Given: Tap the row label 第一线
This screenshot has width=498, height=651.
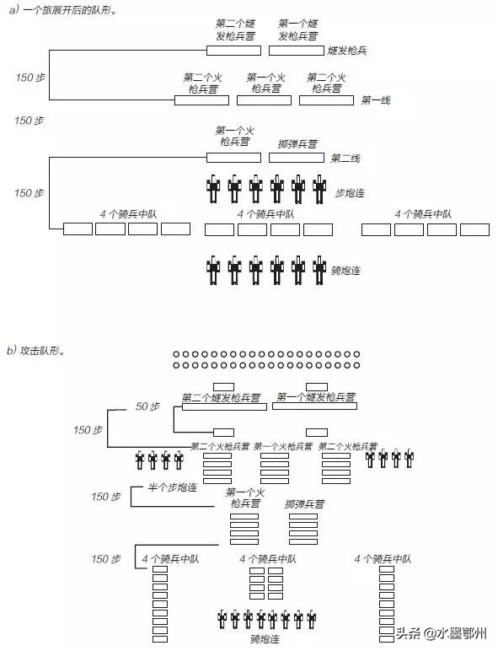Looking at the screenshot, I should [376, 100].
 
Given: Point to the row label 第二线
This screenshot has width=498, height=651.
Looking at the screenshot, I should [345, 158].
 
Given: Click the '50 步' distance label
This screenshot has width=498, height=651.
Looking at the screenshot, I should [147, 406].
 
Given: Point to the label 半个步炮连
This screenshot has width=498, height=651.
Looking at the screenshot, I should [171, 488].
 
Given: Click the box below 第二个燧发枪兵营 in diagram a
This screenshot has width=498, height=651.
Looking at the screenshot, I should [233, 51].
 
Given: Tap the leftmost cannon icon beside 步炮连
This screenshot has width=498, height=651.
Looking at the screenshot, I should [214, 190].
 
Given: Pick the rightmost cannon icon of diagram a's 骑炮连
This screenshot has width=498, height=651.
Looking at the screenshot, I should [319, 270].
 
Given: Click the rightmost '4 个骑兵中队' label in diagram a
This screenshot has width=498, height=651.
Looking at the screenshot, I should [421, 214].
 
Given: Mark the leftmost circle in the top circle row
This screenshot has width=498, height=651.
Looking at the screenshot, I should [176, 354].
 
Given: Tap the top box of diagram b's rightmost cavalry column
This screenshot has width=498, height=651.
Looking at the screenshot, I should [387, 570].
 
